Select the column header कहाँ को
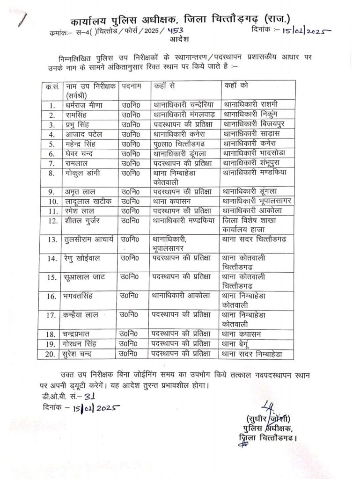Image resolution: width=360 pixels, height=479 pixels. click(x=235, y=87)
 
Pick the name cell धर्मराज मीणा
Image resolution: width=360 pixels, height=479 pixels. click(x=84, y=104)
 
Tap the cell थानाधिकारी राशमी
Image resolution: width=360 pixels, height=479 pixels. click(x=252, y=103)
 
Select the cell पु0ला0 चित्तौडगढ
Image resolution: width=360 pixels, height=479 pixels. click(x=182, y=144)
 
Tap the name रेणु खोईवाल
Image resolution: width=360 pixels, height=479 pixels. click(x=83, y=258)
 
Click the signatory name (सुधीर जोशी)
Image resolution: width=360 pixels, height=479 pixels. click(x=264, y=418)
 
